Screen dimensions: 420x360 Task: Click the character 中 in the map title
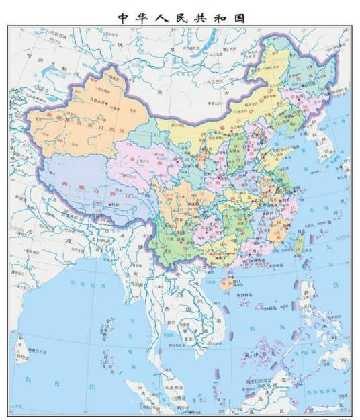[122, 17]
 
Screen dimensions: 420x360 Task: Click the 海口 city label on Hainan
[231, 274]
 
